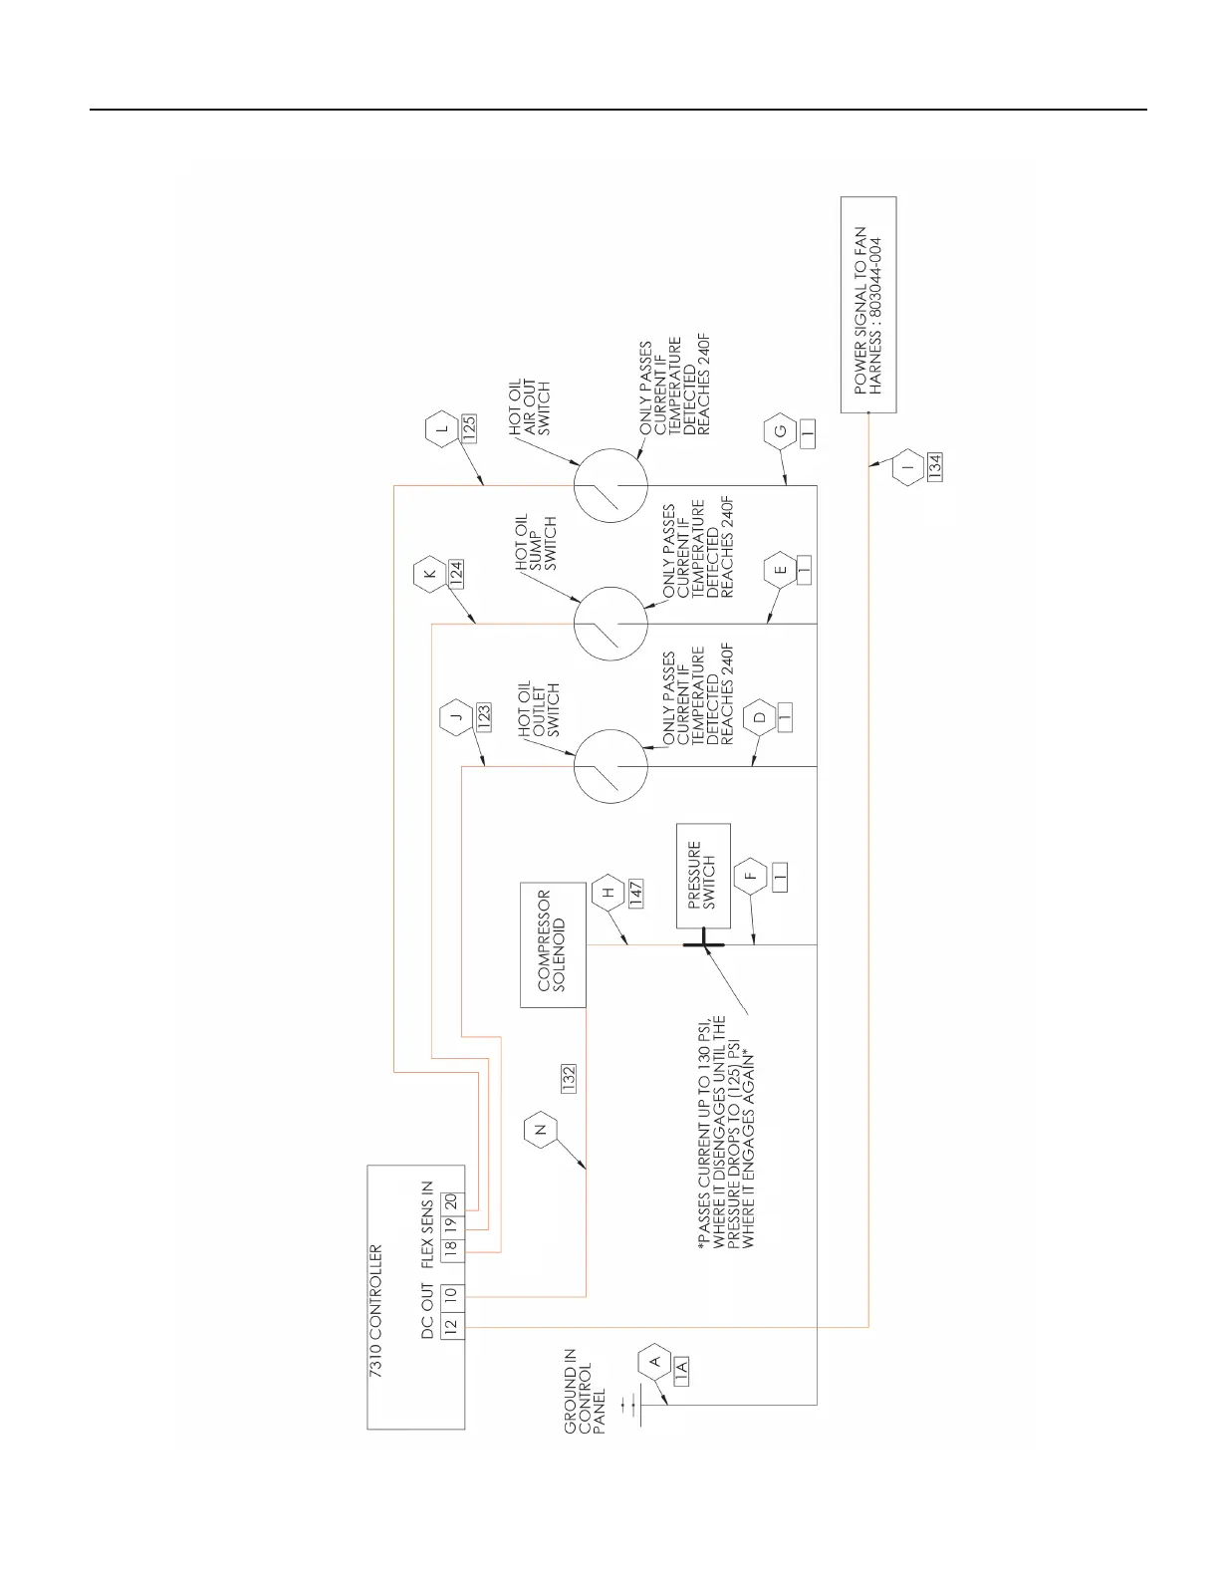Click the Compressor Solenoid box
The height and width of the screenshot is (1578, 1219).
pyautogui.click(x=553, y=944)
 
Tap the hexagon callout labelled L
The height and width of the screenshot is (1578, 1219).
pyautogui.click(x=441, y=431)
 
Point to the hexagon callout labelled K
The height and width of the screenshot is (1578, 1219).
pyautogui.click(x=429, y=575)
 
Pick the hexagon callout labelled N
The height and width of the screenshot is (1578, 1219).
pyautogui.click(x=541, y=1130)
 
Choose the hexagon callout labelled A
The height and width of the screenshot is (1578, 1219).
pyautogui.click(x=654, y=1360)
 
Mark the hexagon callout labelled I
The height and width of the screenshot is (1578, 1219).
pyautogui.click(x=908, y=465)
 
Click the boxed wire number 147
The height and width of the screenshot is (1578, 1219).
pyautogui.click(x=634, y=893)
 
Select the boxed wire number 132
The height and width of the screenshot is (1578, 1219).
pyautogui.click(x=569, y=1079)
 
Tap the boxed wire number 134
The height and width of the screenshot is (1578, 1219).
pyautogui.click(x=934, y=467)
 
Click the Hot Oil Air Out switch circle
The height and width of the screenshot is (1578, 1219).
pyautogui.click(x=610, y=485)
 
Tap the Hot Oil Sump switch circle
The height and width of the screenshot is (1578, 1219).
pyautogui.click(x=610, y=624)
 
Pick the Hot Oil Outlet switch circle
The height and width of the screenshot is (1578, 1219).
pyautogui.click(x=610, y=766)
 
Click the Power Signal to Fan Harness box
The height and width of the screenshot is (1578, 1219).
pyautogui.click(x=867, y=305)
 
